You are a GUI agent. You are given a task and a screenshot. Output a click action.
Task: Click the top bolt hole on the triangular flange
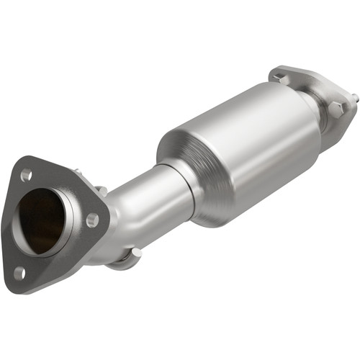click(x=27, y=175)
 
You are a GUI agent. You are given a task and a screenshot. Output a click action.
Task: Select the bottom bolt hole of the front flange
click(x=19, y=273)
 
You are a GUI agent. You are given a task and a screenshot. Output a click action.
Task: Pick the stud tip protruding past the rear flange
click(x=354, y=96)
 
